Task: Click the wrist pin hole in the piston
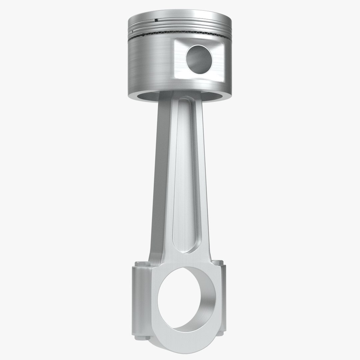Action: pos(199,59)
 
